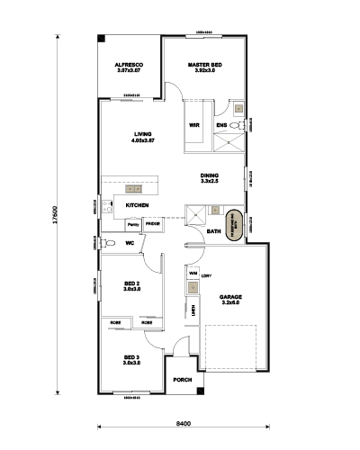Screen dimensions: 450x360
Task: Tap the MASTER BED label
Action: tap(205, 66)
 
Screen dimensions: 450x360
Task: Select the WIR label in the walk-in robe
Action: tap(193, 125)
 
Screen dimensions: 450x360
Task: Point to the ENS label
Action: tap(221, 125)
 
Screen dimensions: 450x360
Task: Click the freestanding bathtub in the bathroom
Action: tap(233, 221)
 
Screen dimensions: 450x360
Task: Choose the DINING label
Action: tap(210, 175)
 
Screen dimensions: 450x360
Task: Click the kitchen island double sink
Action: tap(135, 190)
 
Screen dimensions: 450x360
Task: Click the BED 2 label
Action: tap(130, 283)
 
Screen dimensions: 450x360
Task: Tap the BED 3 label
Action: tap(130, 357)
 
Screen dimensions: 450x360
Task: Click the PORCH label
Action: tap(183, 379)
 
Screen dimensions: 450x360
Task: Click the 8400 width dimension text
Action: tap(182, 422)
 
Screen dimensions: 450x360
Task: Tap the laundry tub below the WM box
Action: tap(193, 288)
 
